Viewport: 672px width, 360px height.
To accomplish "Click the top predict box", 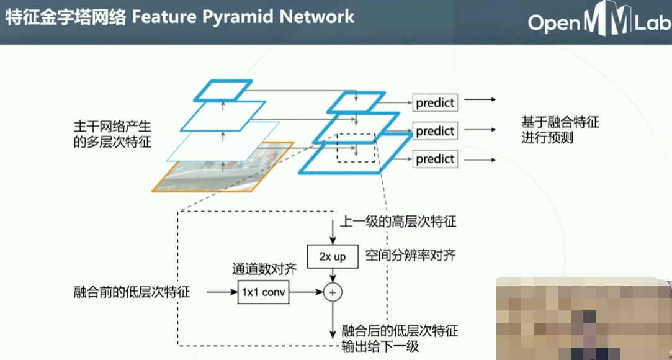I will tap(435, 102).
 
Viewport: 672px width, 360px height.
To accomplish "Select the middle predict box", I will tap(435, 130).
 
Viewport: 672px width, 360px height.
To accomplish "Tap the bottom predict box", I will tap(435, 159).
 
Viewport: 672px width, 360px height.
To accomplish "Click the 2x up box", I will tap(333, 256).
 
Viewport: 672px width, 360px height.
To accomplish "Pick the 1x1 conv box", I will tap(264, 292).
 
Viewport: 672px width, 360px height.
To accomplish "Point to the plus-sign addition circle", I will tap(333, 292).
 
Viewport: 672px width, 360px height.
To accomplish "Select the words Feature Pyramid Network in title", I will tap(243, 17).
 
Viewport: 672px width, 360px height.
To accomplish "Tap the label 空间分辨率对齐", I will tap(411, 255).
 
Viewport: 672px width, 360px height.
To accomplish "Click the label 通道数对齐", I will tap(264, 269).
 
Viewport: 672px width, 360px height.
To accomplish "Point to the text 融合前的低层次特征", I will tap(132, 292).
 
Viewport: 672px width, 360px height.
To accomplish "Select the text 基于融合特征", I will tap(560, 122).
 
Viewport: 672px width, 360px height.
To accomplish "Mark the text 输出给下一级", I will tap(380, 346).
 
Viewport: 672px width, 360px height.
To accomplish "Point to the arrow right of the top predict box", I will tap(478, 99).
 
